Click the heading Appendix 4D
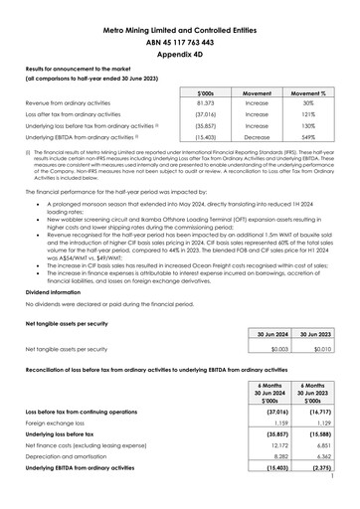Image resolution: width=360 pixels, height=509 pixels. (180, 58)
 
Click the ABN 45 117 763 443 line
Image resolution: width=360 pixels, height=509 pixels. (180, 44)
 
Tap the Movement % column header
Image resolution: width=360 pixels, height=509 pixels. (304, 88)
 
